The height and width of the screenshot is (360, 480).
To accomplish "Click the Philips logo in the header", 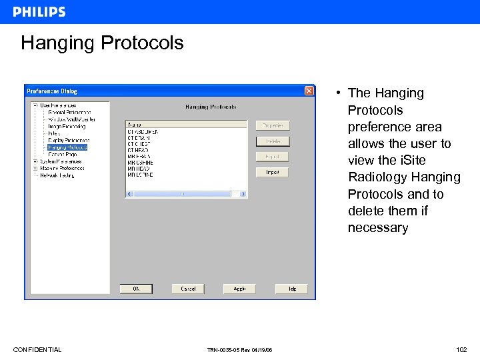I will pyautogui.click(x=39, y=11).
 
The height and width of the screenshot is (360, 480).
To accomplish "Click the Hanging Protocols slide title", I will pyautogui.click(x=102, y=43).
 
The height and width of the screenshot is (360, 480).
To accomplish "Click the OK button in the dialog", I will pyautogui.click(x=136, y=289).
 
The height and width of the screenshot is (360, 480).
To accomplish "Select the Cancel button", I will pyautogui.click(x=188, y=289).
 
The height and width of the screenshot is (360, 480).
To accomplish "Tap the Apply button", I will pyautogui.click(x=239, y=289).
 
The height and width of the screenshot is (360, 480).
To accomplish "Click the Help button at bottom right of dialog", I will pyautogui.click(x=291, y=289).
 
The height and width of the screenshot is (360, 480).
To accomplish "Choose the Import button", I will pyautogui.click(x=273, y=172).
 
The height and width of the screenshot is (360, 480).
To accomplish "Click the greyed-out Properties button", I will pyautogui.click(x=273, y=125).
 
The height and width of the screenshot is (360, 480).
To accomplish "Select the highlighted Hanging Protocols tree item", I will pyautogui.click(x=67, y=147).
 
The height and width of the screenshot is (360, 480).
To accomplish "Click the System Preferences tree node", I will pyautogui.click(x=61, y=161).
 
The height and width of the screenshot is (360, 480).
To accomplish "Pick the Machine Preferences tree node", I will pyautogui.click(x=62, y=168).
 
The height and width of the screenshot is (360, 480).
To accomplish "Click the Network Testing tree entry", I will pyautogui.click(x=57, y=175).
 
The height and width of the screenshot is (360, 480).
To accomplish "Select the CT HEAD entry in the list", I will pyautogui.click(x=138, y=151).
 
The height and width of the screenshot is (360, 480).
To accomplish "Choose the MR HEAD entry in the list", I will pyautogui.click(x=139, y=169).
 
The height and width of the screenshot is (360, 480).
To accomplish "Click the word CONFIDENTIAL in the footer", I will pyautogui.click(x=37, y=350).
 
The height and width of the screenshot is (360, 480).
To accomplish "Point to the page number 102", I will pyautogui.click(x=461, y=350).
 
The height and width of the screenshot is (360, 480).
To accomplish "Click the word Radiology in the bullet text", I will pyautogui.click(x=375, y=177).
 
